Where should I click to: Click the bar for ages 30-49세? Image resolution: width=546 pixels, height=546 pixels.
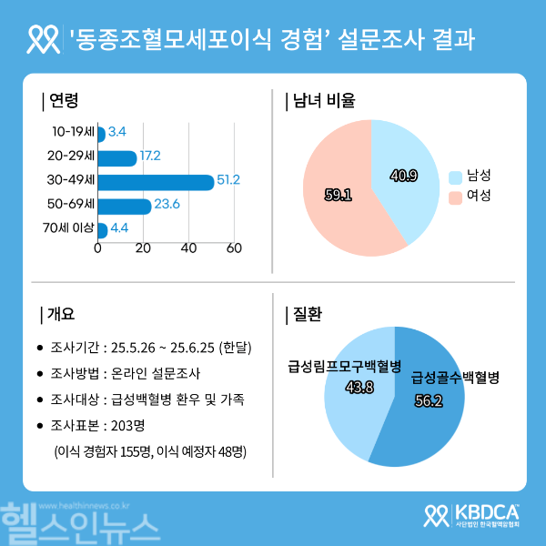pos(155,181)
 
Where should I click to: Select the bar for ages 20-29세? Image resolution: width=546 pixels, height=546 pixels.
pos(116,157)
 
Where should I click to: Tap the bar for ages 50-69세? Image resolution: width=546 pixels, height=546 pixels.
pos(124,205)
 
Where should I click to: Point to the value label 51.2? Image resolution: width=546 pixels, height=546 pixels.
pos(228,180)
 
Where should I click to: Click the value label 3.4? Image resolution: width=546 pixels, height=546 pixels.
pos(116,133)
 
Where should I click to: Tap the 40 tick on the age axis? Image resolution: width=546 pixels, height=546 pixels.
pos(188,248)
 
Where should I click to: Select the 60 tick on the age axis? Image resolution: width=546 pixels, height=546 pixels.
pos(234,248)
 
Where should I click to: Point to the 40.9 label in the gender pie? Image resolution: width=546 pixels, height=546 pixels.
pos(403,175)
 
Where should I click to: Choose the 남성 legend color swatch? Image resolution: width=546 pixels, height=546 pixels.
pos(456,175)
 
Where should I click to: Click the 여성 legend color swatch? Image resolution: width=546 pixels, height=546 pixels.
pos(456,196)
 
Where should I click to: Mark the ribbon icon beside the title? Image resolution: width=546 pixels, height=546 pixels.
pos(45,38)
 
